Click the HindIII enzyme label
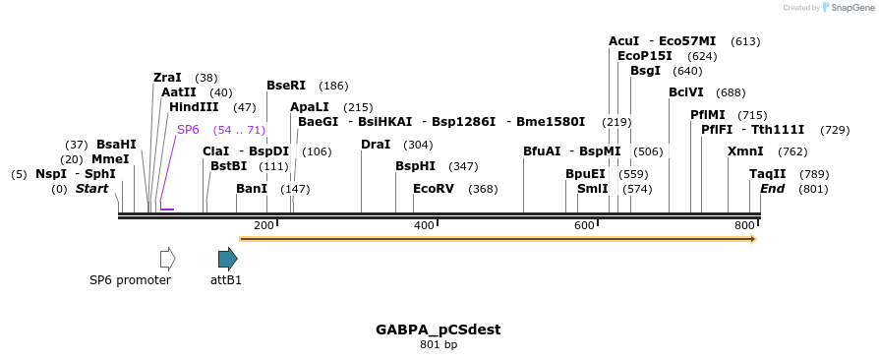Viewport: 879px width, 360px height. tap(194, 107)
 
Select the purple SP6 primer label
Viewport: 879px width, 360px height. tap(188, 130)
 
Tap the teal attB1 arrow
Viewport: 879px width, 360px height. tap(227, 259)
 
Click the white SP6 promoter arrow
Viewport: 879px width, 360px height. tap(167, 259)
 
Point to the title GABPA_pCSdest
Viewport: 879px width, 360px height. tap(438, 330)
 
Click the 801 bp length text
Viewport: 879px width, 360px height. tap(438, 345)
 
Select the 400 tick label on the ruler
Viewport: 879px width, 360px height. tap(424, 226)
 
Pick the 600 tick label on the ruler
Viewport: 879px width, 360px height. tap(584, 226)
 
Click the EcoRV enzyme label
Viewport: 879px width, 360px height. tap(433, 189)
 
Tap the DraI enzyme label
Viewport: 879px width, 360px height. tap(376, 145)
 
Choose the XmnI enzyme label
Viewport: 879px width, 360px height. tap(745, 151)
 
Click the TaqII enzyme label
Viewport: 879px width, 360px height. tap(768, 174)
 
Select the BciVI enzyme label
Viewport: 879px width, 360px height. tap(686, 92)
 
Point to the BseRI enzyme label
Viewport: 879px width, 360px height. tap(286, 86)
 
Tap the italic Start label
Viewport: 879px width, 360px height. tap(91, 189)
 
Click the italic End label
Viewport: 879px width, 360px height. tap(772, 189)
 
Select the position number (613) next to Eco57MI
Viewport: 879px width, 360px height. tap(745, 41)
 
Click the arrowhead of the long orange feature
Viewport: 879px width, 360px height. tap(752, 239)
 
